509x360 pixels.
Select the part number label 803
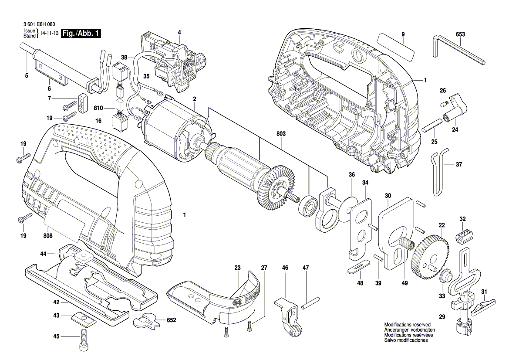(x=281, y=133)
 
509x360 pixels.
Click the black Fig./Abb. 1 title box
(x=81, y=34)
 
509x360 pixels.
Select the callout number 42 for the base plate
(x=57, y=302)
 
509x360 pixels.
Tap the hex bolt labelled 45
(x=84, y=340)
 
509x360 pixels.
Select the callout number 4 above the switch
(x=179, y=32)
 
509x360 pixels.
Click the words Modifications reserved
(x=408, y=325)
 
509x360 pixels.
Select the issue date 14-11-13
(x=50, y=34)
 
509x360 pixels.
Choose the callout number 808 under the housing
(x=48, y=236)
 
